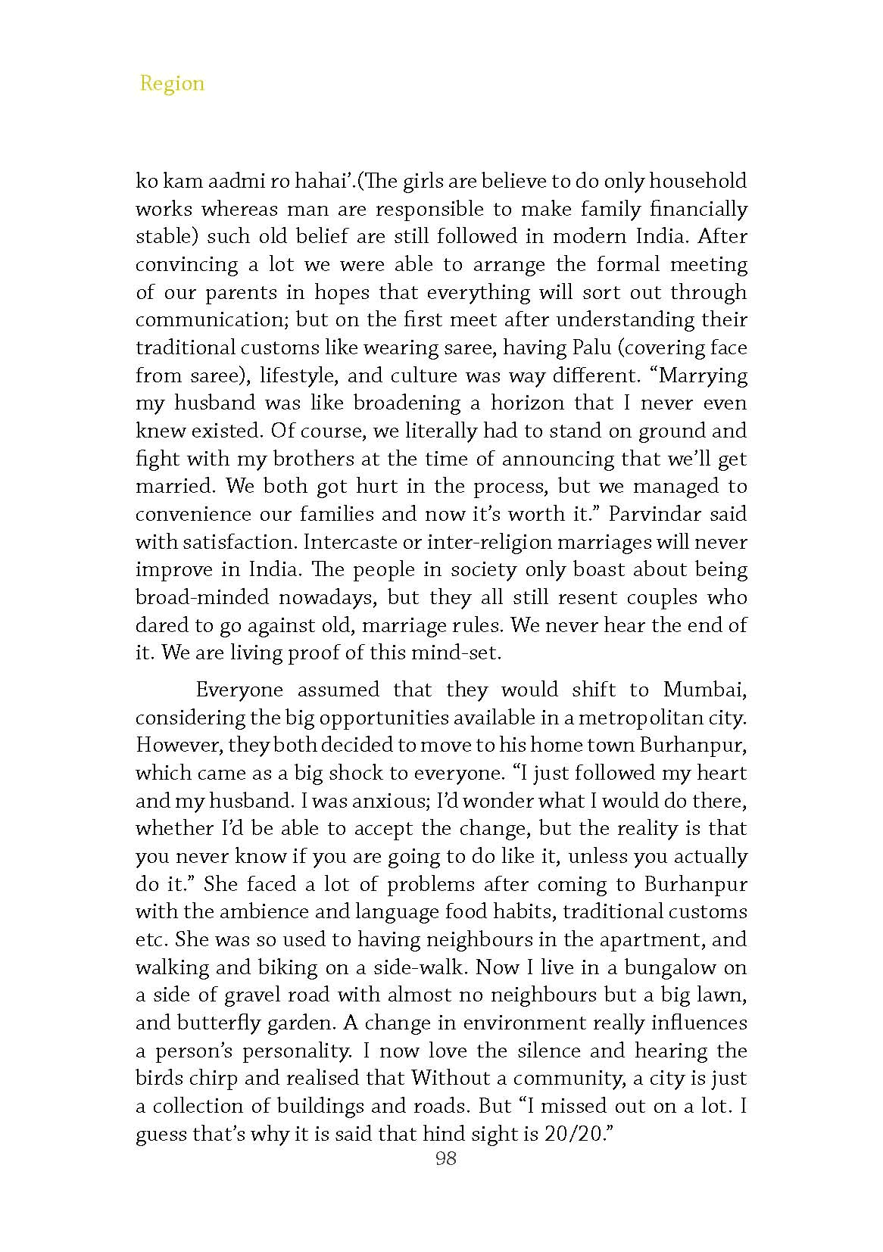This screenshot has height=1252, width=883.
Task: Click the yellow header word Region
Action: tap(172, 83)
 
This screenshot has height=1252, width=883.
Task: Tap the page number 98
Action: tap(446, 1158)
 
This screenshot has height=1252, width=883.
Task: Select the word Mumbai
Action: tap(704, 690)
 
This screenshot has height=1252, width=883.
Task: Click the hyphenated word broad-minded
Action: tap(202, 597)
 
